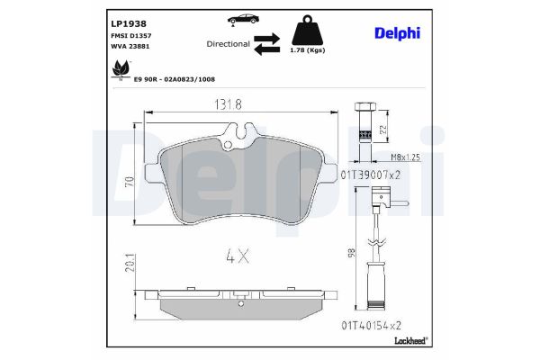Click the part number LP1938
point(129,23)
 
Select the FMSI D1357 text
point(130,35)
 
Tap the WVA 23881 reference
point(130,46)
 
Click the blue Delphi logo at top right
point(397,33)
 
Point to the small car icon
point(243,19)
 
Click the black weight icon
point(307,30)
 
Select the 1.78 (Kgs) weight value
point(308,50)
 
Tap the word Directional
point(228,44)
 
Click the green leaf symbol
point(121,68)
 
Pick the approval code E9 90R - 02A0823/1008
point(175,79)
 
